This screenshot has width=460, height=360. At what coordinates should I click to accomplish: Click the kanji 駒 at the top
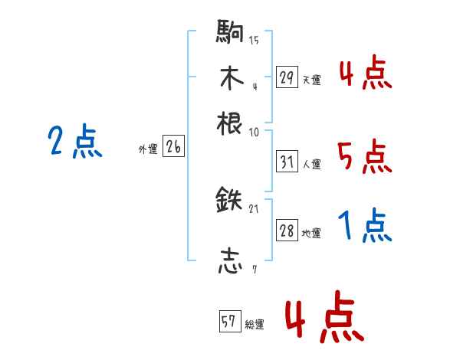(x=230, y=33)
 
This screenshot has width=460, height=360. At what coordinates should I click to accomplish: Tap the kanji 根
(x=230, y=123)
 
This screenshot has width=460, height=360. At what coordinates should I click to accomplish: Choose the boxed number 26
(x=173, y=148)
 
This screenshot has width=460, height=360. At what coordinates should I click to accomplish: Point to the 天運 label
(x=311, y=79)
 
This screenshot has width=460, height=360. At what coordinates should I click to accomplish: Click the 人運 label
(x=311, y=163)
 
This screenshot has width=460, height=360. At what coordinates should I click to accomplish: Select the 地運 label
(x=311, y=233)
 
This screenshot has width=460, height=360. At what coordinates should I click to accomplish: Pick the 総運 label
(x=254, y=325)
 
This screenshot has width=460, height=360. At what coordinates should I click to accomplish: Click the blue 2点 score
(x=74, y=142)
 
